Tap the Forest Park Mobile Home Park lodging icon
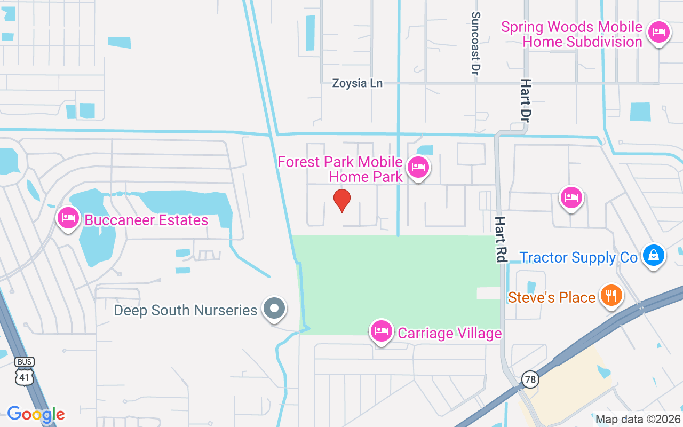(x=418, y=168)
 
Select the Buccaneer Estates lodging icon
(x=68, y=218)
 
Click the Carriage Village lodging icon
(x=381, y=331)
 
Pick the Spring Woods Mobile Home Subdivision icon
(x=659, y=32)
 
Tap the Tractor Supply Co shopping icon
(x=653, y=256)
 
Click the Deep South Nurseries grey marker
(x=274, y=308)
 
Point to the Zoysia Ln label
(x=357, y=83)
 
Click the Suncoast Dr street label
(x=475, y=44)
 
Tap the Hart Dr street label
(x=526, y=99)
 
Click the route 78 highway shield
(x=530, y=379)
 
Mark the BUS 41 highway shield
(x=25, y=371)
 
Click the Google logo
(x=36, y=414)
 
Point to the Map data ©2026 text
(x=638, y=419)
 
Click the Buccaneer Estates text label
(x=146, y=220)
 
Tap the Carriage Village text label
(x=450, y=334)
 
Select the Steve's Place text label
(x=552, y=297)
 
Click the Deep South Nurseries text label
(x=186, y=310)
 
